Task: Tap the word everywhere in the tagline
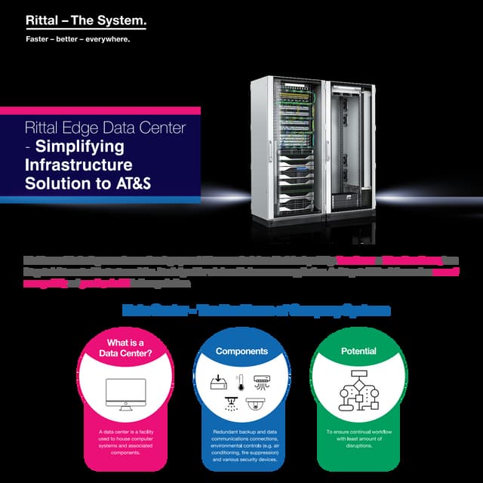click(107, 39)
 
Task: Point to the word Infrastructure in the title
click(78, 165)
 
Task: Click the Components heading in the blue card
click(241, 351)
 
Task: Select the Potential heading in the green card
click(358, 351)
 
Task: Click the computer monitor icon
click(125, 393)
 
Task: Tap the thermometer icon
click(238, 381)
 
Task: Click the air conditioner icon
click(260, 382)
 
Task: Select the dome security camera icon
click(254, 405)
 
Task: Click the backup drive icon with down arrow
click(218, 382)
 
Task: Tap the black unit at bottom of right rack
click(349, 201)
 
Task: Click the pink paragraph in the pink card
click(125, 442)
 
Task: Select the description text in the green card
click(358, 438)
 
